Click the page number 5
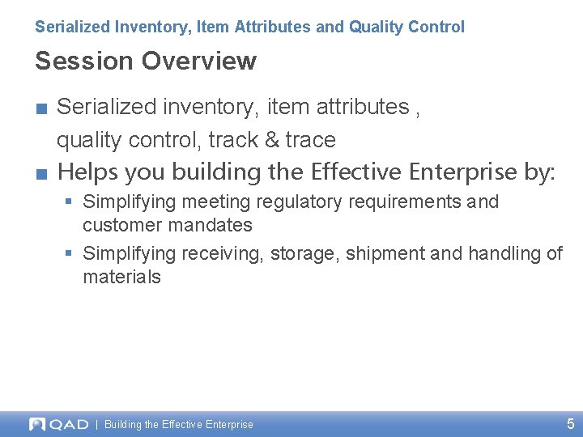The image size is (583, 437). [570, 424]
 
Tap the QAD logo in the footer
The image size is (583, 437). [58, 424]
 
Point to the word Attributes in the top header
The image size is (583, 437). [273, 27]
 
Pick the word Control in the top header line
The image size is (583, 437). [438, 27]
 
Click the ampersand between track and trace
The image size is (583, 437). [272, 140]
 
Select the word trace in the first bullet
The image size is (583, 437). [310, 140]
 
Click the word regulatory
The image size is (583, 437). [296, 202]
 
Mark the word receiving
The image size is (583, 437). [223, 254]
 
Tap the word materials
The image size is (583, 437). [121, 277]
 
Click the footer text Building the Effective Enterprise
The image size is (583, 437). [178, 425]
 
